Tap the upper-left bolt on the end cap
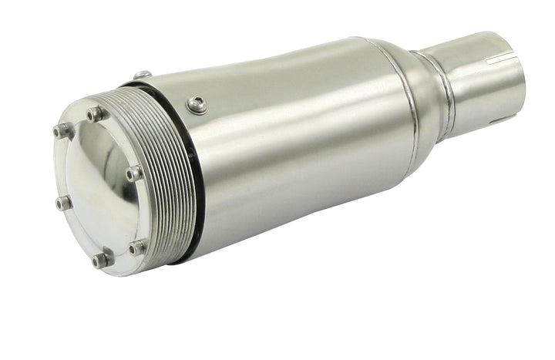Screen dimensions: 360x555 [62, 131]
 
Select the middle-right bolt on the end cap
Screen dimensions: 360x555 [135, 173]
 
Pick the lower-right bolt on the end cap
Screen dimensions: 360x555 [138, 247]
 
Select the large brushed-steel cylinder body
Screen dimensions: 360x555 [301, 146]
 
